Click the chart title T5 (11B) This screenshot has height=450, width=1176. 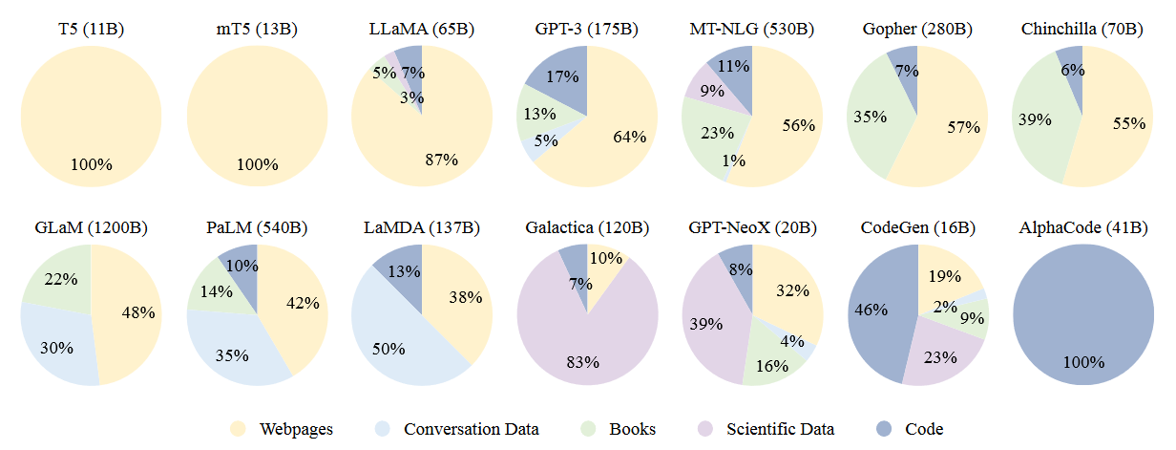point(91,29)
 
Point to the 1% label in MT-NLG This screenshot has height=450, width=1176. point(734,161)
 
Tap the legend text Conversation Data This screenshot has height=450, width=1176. point(472,429)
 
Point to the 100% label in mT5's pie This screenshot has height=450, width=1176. point(257,164)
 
